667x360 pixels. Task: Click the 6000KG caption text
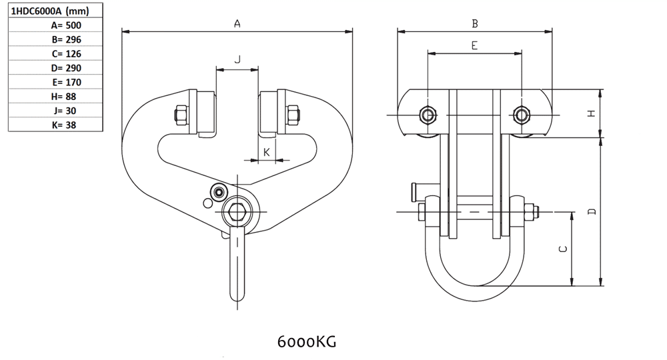[306, 342]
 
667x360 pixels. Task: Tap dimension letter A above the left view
[237, 23]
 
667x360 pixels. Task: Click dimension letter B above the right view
[475, 23]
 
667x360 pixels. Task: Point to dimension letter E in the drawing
[474, 46]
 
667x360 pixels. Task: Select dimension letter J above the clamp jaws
[237, 60]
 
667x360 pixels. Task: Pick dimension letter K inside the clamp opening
[267, 153]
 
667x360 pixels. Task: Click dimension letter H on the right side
[591, 113]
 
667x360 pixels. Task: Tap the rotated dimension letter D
[591, 211]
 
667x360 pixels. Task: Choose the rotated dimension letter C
[562, 249]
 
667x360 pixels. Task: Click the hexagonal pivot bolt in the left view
[236, 211]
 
